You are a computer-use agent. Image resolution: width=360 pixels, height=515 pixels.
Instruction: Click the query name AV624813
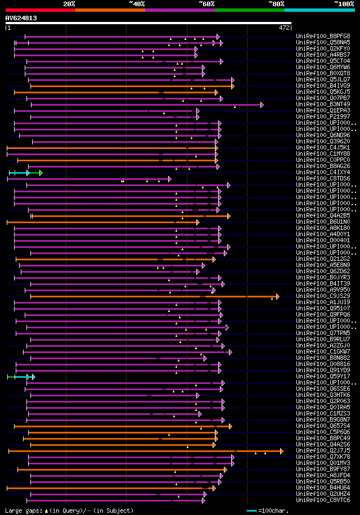click(21, 18)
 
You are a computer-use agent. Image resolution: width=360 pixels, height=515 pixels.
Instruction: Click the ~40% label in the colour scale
click(137, 4)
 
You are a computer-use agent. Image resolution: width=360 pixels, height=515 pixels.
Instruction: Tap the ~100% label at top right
click(344, 4)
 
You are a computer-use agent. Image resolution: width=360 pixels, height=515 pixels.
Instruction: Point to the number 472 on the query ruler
click(284, 28)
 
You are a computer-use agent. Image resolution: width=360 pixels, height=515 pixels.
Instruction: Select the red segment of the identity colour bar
click(40, 10)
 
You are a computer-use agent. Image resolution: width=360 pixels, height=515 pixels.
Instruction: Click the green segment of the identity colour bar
click(249, 10)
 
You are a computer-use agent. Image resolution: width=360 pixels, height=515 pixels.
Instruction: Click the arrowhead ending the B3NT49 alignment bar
click(262, 105)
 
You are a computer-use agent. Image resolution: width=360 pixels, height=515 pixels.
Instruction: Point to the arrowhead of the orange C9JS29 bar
click(277, 296)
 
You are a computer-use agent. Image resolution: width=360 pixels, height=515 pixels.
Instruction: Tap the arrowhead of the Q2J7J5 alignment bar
click(282, 451)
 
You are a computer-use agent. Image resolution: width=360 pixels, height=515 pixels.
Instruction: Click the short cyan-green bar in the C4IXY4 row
click(25, 173)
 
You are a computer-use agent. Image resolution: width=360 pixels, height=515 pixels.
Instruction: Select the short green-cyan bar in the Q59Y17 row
click(21, 377)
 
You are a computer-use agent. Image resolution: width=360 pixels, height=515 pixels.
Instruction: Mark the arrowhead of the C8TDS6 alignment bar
click(169, 179)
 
